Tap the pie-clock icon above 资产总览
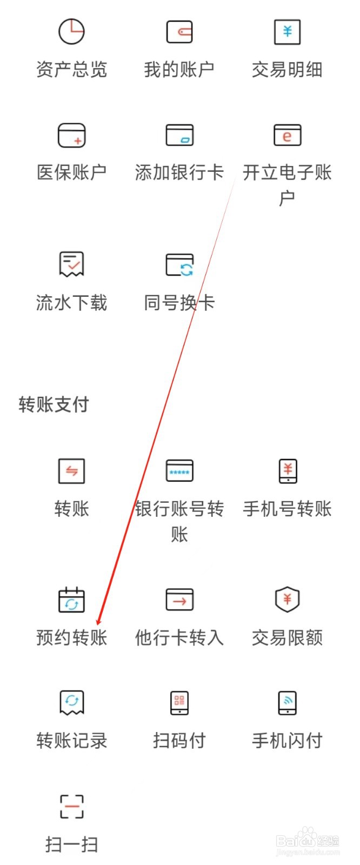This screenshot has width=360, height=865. (71, 31)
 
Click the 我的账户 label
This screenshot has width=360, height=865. (179, 70)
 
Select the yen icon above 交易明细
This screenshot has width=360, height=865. (287, 31)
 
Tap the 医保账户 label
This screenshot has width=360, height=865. (71, 172)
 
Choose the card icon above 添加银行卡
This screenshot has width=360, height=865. (179, 135)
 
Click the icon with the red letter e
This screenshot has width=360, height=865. (287, 135)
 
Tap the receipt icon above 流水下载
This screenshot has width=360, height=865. (71, 264)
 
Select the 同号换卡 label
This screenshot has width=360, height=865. (179, 303)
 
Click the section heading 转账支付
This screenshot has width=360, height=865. (54, 404)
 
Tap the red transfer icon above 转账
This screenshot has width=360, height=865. (71, 471)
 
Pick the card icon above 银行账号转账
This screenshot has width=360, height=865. (179, 471)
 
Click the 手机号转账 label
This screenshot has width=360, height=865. (287, 509)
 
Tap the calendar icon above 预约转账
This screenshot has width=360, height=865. (71, 600)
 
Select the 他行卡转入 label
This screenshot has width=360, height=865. (179, 638)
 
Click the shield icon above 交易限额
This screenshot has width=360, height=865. (287, 600)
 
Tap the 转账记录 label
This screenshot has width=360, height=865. (71, 741)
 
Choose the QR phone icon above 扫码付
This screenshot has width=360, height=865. (179, 702)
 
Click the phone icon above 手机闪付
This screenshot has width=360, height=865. (287, 702)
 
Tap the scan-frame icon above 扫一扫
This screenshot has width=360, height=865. (71, 806)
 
